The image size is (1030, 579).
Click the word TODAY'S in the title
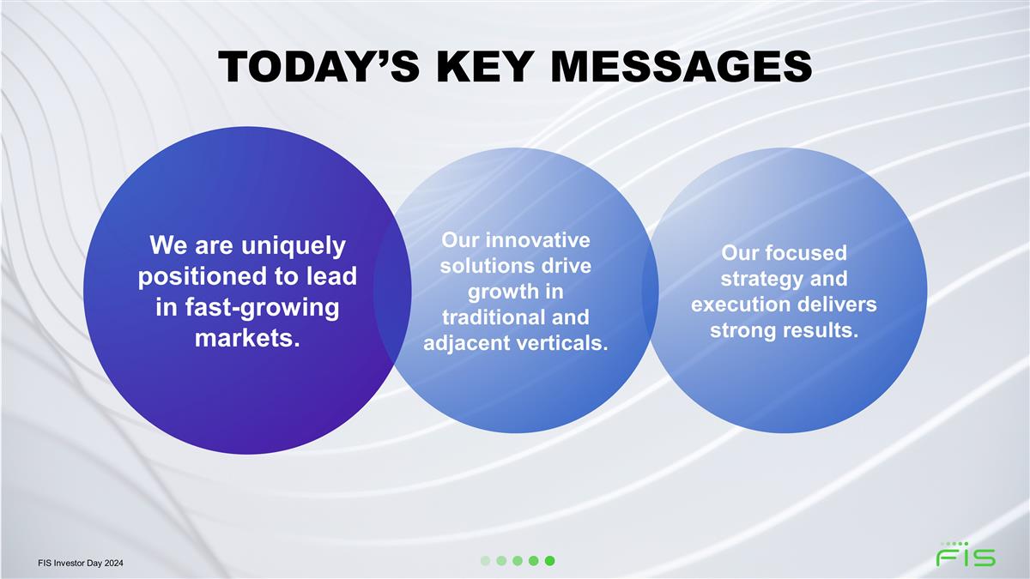tap(318, 67)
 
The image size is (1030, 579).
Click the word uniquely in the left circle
tap(293, 246)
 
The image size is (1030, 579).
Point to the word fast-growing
tap(262, 308)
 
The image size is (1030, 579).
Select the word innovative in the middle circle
tap(537, 240)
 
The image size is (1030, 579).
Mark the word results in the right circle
tap(821, 330)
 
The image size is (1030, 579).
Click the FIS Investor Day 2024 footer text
tap(81, 563)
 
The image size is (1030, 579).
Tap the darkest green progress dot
tap(549, 561)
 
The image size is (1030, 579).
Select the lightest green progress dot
tap(485, 561)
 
